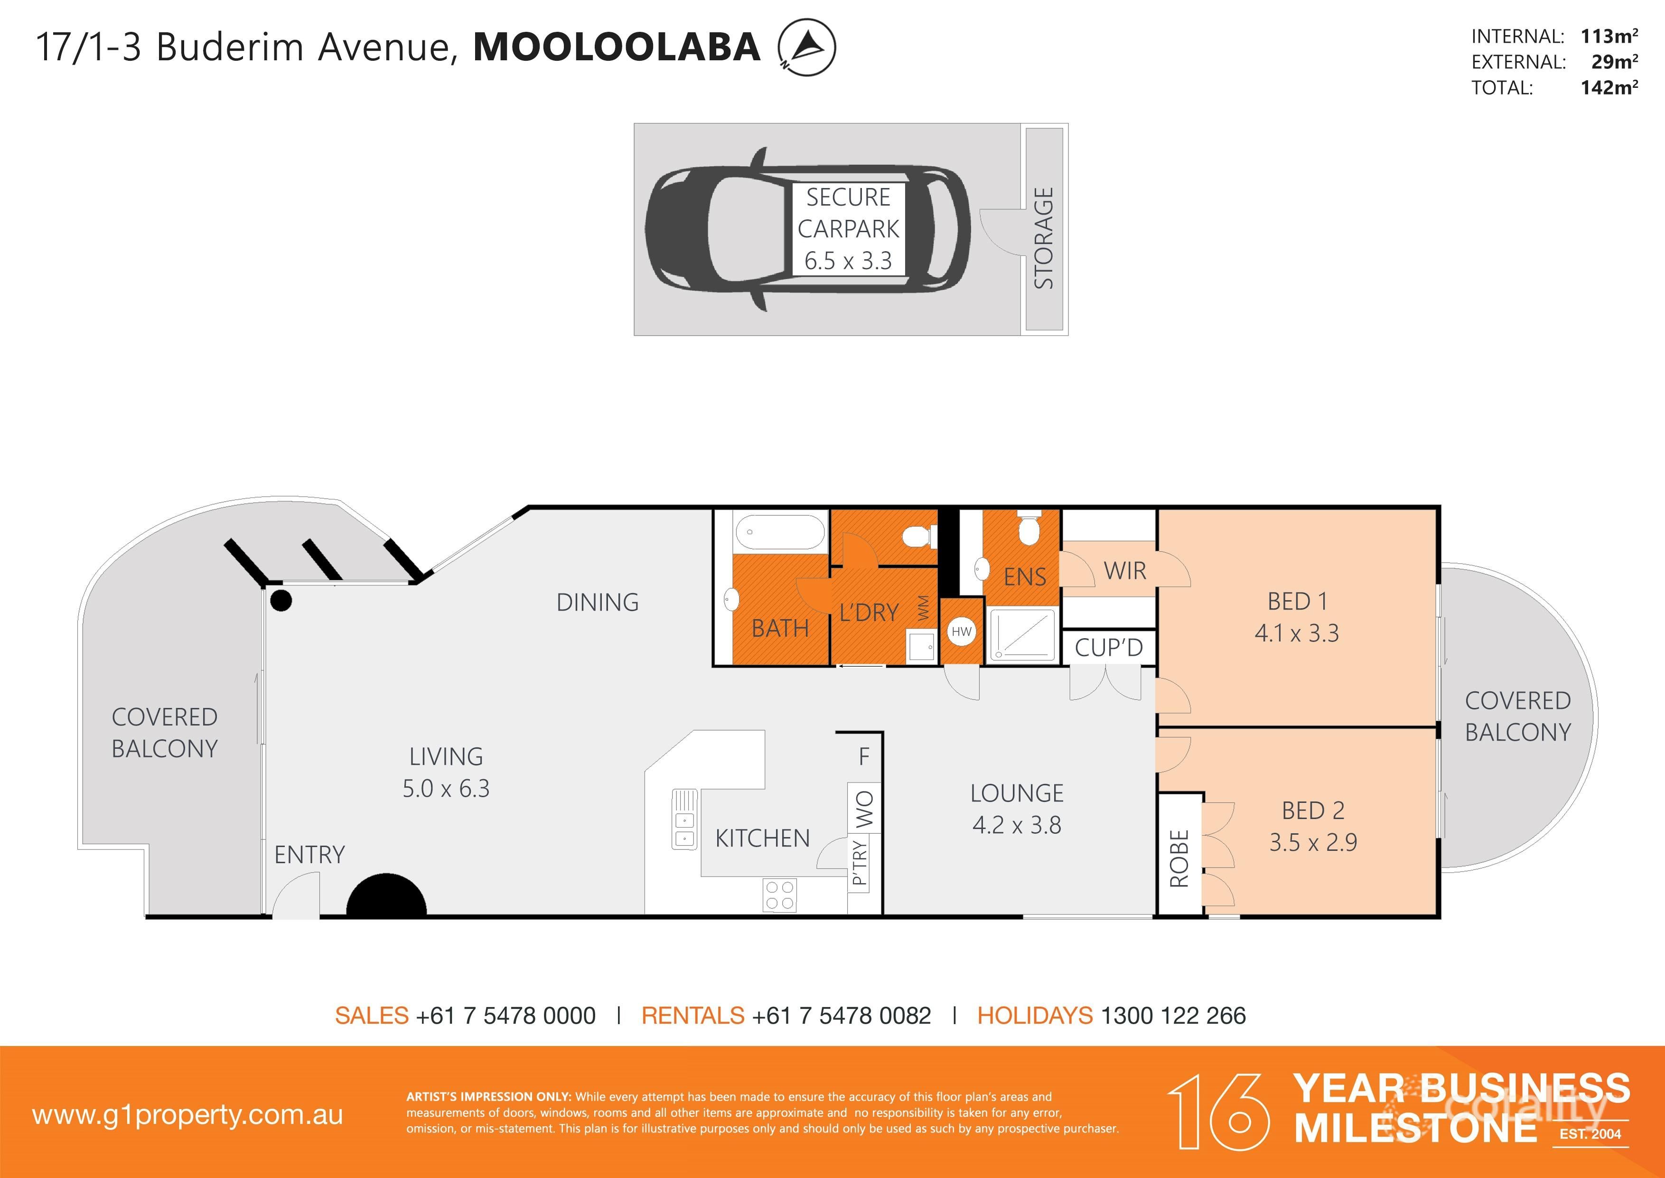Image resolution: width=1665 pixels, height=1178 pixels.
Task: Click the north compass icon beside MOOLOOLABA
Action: pyautogui.click(x=806, y=47)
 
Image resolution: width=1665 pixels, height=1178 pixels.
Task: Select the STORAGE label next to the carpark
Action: pyautogui.click(x=1044, y=238)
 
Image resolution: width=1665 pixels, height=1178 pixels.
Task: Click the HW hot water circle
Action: pyautogui.click(x=962, y=631)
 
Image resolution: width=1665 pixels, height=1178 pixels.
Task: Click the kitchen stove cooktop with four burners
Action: pyautogui.click(x=779, y=895)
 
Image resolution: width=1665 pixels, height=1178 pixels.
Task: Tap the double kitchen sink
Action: pyautogui.click(x=684, y=829)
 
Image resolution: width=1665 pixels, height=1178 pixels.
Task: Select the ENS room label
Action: pyautogui.click(x=1025, y=577)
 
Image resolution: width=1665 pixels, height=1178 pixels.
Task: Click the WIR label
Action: pyautogui.click(x=1125, y=571)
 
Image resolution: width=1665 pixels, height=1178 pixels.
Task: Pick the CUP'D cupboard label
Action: pyautogui.click(x=1108, y=647)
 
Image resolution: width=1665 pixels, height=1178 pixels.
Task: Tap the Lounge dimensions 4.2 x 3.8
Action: pyautogui.click(x=1017, y=825)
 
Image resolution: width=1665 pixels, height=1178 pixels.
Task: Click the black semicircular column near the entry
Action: pyautogui.click(x=386, y=899)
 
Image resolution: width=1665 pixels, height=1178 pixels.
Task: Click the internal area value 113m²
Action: pyautogui.click(x=1609, y=36)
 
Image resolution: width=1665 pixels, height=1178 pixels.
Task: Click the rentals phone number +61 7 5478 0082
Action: pyautogui.click(x=841, y=1016)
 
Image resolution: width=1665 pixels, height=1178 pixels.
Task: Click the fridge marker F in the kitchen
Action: pyautogui.click(x=864, y=756)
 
